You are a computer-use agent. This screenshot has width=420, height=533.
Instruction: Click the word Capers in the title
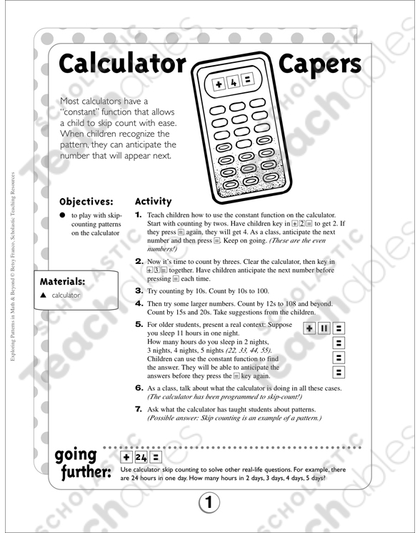[320, 64]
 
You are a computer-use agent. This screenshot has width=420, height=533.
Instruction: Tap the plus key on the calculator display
[219, 85]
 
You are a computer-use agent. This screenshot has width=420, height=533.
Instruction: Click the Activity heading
[153, 201]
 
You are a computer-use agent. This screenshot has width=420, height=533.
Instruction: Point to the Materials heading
[63, 281]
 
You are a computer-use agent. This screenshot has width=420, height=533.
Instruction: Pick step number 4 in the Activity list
[139, 303]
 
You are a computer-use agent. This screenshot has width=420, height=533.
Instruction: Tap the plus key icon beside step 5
[309, 328]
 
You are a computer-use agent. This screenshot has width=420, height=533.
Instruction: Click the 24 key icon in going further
[140, 455]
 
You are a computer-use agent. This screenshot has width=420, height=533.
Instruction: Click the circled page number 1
[209, 503]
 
